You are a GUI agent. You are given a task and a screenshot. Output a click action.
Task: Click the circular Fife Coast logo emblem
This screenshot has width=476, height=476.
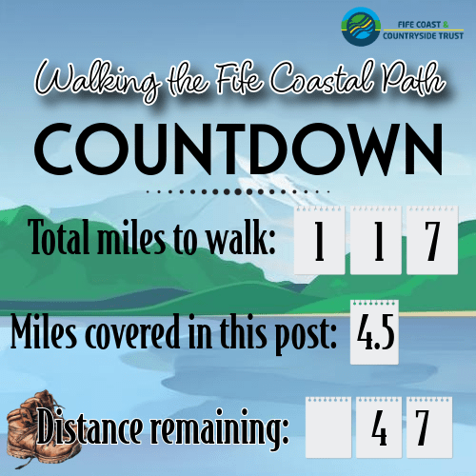click(x=361, y=27)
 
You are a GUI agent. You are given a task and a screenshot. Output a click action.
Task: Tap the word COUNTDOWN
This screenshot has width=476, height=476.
click(x=238, y=149)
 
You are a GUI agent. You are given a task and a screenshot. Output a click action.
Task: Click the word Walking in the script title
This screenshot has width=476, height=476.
click(x=98, y=80)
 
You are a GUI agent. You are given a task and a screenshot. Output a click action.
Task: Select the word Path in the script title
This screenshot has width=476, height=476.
click(x=412, y=78)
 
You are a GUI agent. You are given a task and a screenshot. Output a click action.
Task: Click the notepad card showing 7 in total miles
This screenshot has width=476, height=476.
click(x=432, y=240)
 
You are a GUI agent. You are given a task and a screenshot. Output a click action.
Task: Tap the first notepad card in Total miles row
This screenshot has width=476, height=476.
click(x=320, y=240)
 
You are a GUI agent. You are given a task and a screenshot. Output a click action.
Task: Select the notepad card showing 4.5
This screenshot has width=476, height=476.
click(x=374, y=332)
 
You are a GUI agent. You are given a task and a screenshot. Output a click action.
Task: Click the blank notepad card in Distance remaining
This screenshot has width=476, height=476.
click(x=328, y=427)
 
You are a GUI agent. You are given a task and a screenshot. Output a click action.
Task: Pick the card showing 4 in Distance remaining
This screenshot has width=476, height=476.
click(x=379, y=427)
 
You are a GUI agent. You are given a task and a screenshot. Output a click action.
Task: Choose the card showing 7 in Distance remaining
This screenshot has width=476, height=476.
click(x=429, y=427)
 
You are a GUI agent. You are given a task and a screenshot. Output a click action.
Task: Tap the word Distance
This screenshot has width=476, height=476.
click(x=89, y=426)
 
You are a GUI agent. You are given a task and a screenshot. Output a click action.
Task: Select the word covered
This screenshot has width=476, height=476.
click(x=133, y=331)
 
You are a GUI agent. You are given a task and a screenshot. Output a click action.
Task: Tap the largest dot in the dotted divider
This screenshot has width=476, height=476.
click(x=238, y=191)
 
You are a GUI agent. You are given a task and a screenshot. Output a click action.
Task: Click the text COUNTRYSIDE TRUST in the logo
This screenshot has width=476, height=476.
click(x=423, y=36)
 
